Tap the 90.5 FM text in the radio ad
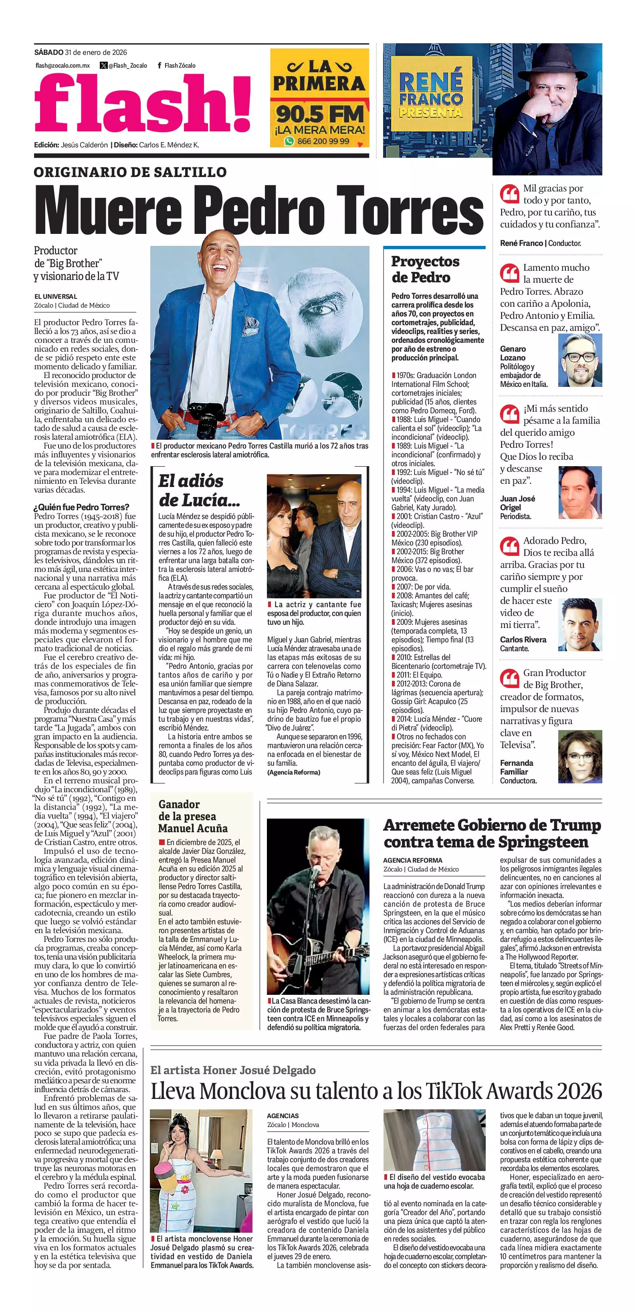click(x=319, y=114)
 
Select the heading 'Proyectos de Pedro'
click(x=425, y=270)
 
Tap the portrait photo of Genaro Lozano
click(x=580, y=360)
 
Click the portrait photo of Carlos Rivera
click(x=580, y=624)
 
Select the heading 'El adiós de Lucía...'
click(x=198, y=490)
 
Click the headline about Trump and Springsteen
click(x=492, y=834)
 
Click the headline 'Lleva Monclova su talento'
click(x=376, y=1091)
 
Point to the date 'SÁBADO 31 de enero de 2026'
click(x=81, y=52)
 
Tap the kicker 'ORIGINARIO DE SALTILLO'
click(x=130, y=172)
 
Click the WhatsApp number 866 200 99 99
click(x=323, y=141)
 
